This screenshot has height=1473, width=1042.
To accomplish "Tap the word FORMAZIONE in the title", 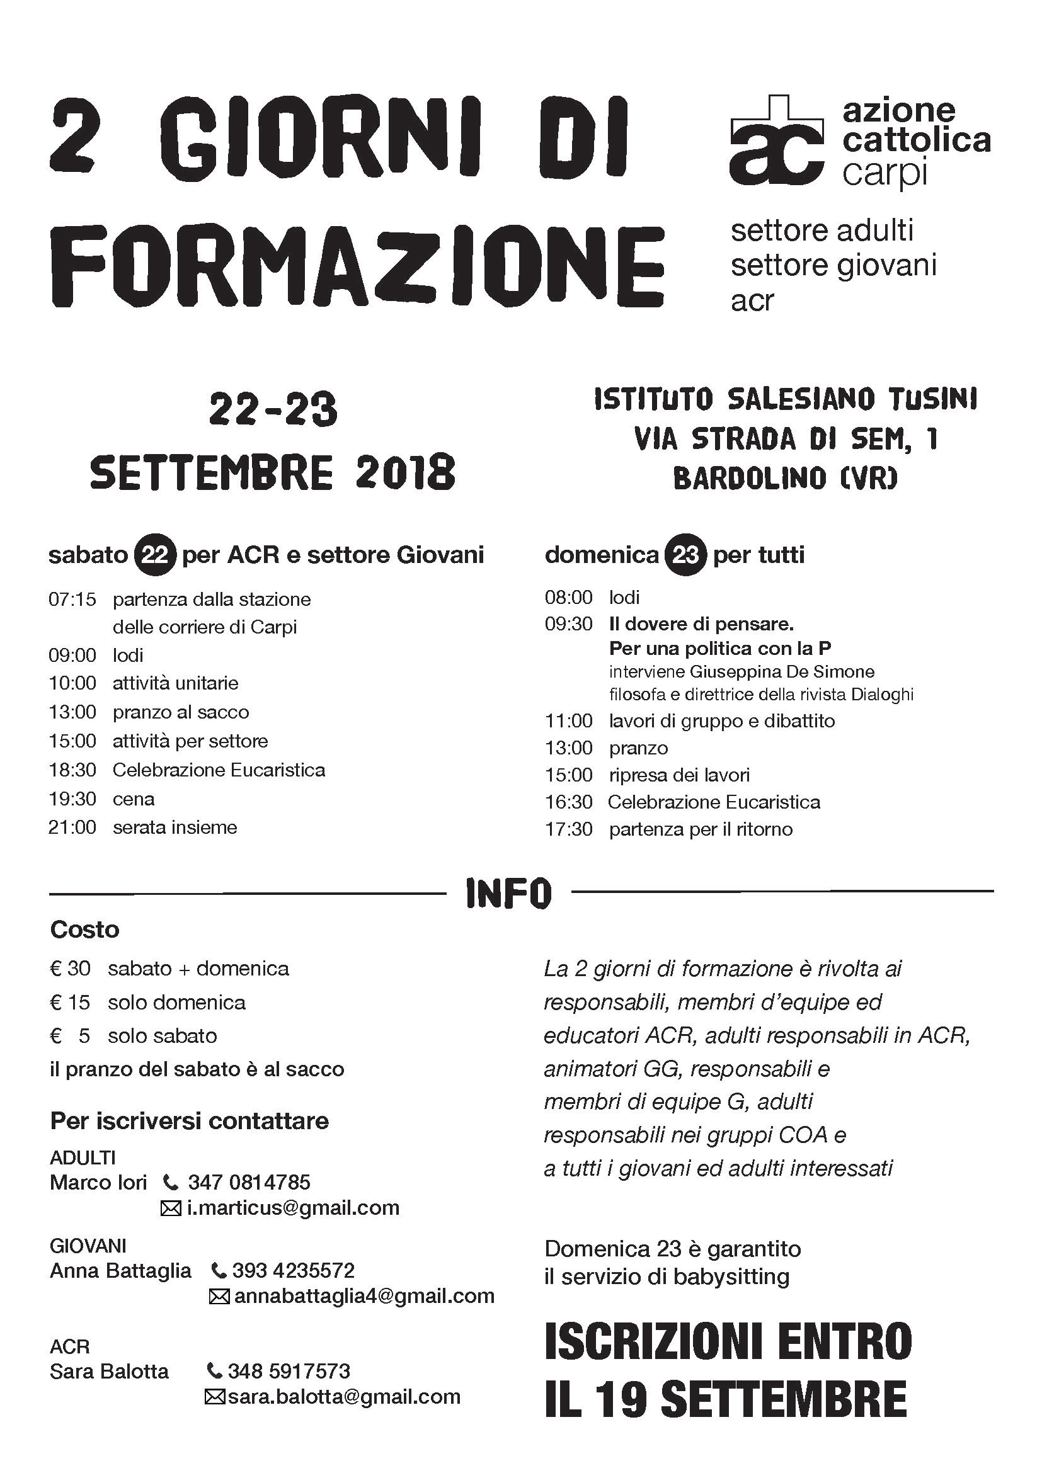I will click(x=356, y=265).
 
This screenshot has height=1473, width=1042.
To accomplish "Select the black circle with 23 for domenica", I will click(x=686, y=554).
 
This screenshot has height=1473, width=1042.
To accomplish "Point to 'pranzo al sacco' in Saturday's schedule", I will click(x=181, y=712).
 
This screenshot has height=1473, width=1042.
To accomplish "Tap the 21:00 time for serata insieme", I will click(x=72, y=827).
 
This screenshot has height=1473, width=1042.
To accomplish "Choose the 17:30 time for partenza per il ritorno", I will click(x=568, y=829).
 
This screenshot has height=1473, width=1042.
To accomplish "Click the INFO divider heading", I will click(x=508, y=893).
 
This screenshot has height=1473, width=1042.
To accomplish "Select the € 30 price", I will click(x=70, y=969).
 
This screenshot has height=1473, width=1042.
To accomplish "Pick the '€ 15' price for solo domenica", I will click(x=70, y=1003).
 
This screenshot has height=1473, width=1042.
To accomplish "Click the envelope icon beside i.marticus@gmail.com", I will click(x=170, y=1209).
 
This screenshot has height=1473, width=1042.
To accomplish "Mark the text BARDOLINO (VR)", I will click(x=785, y=479).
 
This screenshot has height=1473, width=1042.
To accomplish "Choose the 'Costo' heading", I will click(x=84, y=930).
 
